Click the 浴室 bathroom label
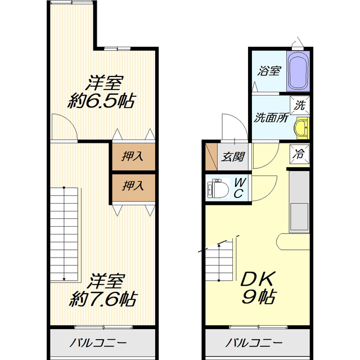pos(269,71)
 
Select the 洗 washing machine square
pos(300,104)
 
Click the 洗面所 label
pos(271,118)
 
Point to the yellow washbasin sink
pos(301,128)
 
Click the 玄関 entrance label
pos(232,157)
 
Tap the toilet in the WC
pos(216,188)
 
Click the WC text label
pos(238,188)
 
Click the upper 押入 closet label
pos(133,156)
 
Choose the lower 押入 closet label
pos(133,185)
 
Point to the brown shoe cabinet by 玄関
pos(210,157)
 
